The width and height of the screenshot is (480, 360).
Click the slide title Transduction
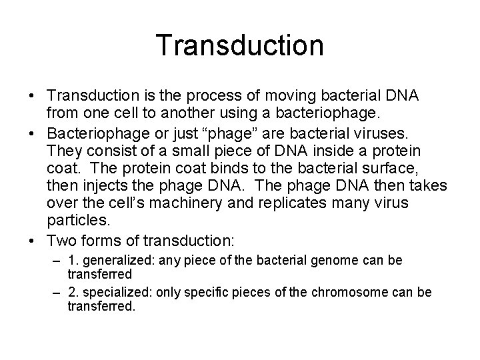[240, 45]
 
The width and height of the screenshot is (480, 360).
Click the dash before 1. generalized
[57, 260]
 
